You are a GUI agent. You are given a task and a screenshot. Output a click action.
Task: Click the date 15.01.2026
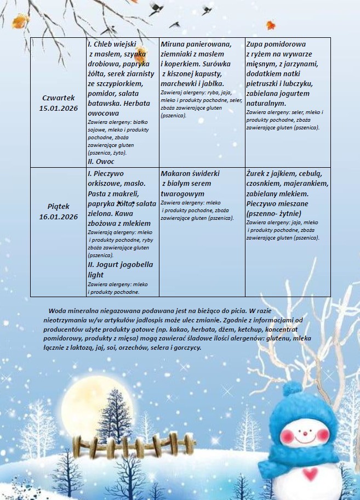(59, 108)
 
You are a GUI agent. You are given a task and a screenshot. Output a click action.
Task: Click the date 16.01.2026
(59, 217)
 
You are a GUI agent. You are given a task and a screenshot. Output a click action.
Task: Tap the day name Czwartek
(58, 98)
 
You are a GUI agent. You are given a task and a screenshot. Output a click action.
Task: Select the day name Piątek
(58, 207)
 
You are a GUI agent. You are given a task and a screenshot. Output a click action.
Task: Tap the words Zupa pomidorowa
(276, 44)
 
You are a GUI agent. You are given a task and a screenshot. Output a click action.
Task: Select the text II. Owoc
(101, 162)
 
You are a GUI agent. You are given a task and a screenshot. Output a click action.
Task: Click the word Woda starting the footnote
(59, 310)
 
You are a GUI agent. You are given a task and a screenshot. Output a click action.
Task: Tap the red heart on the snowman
(311, 473)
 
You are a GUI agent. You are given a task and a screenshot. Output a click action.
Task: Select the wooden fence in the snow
(134, 443)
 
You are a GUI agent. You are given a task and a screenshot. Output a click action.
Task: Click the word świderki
(209, 173)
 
